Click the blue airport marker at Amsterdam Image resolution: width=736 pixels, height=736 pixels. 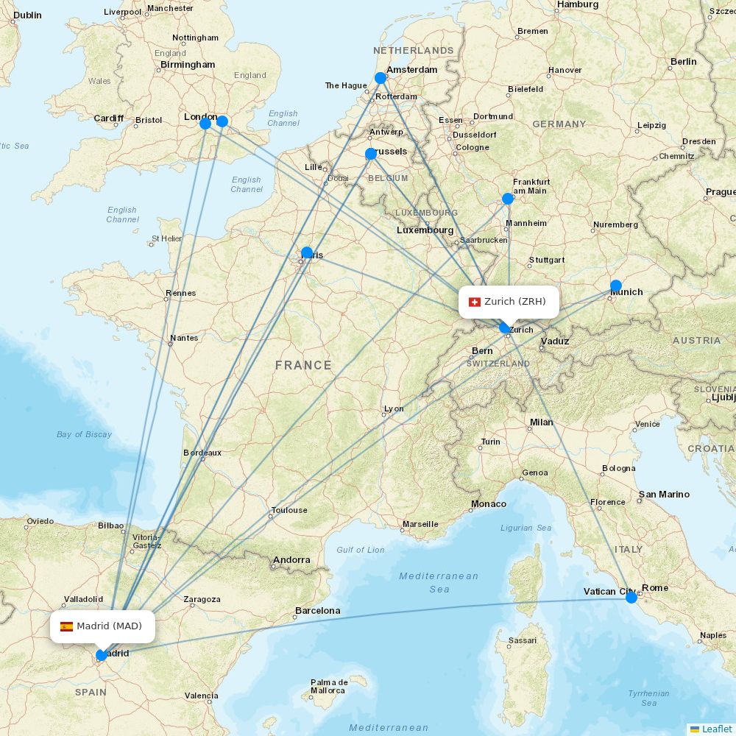(381, 78)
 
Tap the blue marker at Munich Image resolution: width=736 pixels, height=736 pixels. (616, 286)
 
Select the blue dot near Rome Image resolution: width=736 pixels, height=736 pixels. (631, 598)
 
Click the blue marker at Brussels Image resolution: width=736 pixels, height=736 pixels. (371, 154)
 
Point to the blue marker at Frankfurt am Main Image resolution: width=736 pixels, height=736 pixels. (508, 199)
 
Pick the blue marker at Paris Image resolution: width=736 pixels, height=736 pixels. (307, 252)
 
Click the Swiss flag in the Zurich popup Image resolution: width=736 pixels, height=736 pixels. (475, 302)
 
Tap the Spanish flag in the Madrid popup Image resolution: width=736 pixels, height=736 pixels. (66, 626)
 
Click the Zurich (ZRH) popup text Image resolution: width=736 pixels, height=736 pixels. (515, 302)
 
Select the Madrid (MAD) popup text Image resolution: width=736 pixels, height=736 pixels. (109, 626)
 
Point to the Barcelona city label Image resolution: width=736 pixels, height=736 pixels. (318, 611)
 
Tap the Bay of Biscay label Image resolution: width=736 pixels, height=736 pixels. (84, 434)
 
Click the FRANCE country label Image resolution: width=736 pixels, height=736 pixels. (303, 365)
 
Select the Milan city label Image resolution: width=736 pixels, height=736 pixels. (541, 422)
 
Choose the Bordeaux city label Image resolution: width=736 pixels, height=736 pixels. (202, 453)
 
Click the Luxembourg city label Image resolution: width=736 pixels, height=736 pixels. (425, 230)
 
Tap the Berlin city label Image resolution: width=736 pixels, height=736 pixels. (683, 62)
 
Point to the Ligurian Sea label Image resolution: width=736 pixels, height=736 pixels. (526, 528)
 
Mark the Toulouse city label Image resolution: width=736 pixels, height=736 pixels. (289, 510)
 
